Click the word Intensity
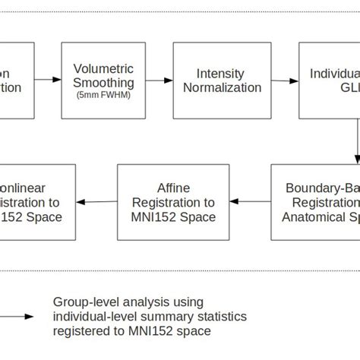(x=220, y=74)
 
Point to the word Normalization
(x=220, y=87)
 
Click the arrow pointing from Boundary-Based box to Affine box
(x=251, y=201)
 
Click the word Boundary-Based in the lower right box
(x=323, y=187)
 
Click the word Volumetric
(x=103, y=68)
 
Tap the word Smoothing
(x=103, y=83)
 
